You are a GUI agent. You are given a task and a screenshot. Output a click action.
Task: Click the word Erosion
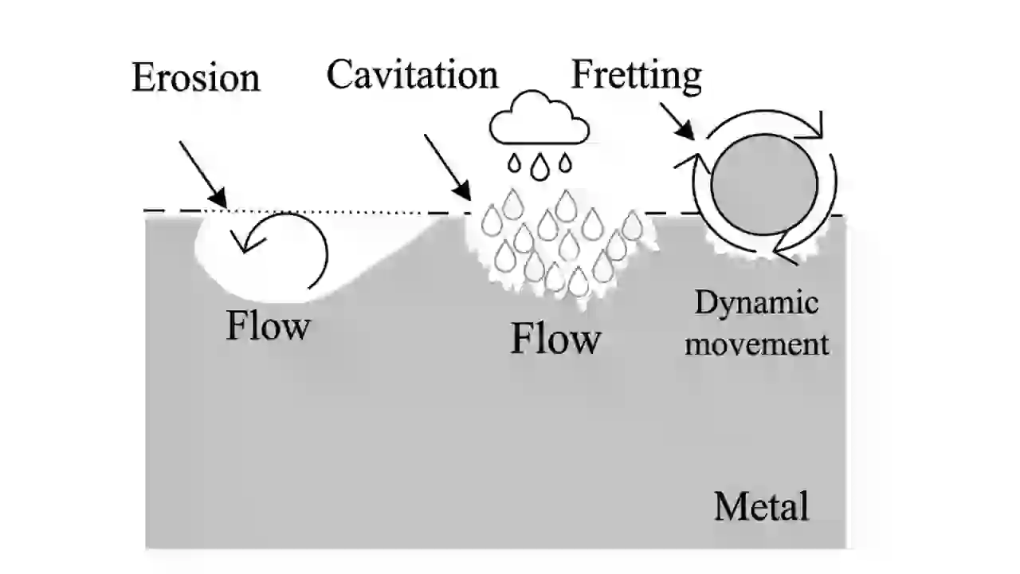coord(196,77)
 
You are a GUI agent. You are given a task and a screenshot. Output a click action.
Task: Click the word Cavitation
coord(412,74)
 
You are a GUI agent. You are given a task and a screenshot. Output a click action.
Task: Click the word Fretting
coord(636,74)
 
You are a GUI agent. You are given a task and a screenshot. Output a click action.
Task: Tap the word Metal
coord(761,506)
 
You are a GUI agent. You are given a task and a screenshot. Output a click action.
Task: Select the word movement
coord(757,344)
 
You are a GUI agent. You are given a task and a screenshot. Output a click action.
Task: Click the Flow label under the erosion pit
coord(268,326)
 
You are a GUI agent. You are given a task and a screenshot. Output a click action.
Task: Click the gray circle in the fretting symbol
coord(763,184)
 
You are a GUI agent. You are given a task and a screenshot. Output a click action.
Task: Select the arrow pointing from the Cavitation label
coord(447,167)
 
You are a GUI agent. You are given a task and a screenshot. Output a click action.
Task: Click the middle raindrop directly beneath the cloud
coord(540,166)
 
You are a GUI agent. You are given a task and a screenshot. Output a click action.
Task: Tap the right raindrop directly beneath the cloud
coord(565,164)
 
